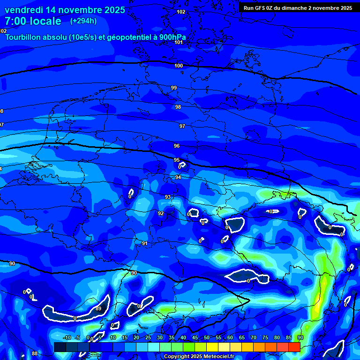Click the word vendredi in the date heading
tap(23, 10)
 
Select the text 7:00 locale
tap(33, 21)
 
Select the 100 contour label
tap(179, 66)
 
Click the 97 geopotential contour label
tap(182, 126)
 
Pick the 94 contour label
tap(178, 178)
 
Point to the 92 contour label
tap(161, 213)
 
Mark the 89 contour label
tap(98, 308)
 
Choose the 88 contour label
tap(35, 353)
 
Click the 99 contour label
tap(174, 88)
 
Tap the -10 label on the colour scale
tap(67, 337)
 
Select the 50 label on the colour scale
tap(207, 337)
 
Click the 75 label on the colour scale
tap(265, 337)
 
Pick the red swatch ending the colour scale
tap(294, 347)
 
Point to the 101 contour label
tap(179, 42)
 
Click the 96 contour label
tap(177, 146)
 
